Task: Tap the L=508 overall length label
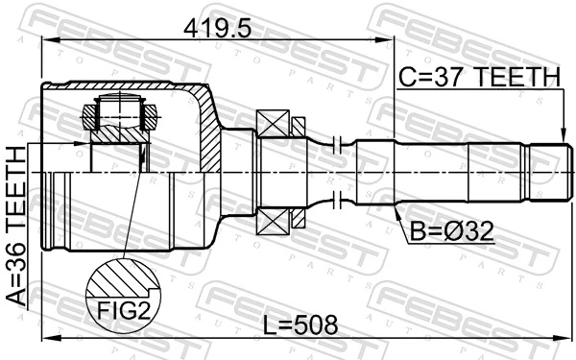[x=300, y=325]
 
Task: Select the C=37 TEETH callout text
[x=480, y=77]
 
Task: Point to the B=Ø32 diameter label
[x=451, y=231]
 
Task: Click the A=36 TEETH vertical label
[x=16, y=226]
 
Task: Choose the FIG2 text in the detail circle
[x=124, y=310]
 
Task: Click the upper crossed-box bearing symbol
[x=273, y=123]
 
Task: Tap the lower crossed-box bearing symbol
[x=273, y=222]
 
